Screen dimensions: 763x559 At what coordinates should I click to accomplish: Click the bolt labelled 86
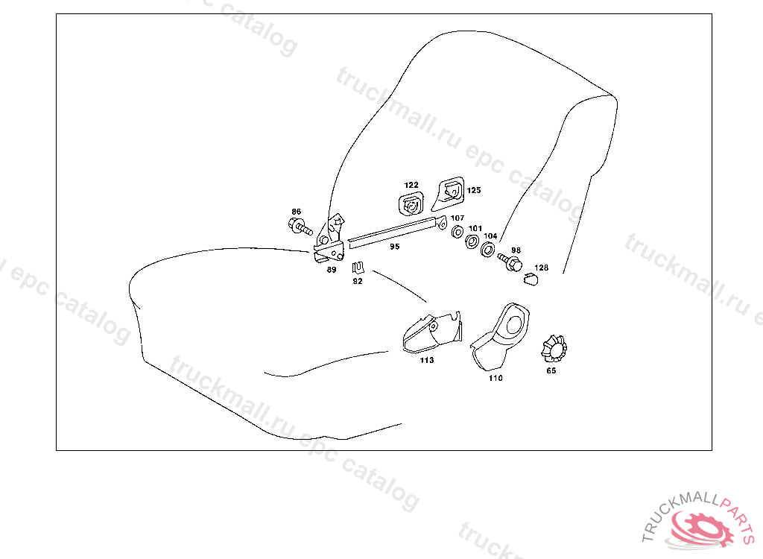point(297,226)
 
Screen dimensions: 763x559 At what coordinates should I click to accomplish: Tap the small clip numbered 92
point(358,268)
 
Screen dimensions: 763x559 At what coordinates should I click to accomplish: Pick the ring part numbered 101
point(472,241)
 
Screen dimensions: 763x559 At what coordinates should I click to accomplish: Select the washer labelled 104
point(488,248)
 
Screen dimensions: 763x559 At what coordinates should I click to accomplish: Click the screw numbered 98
point(512,263)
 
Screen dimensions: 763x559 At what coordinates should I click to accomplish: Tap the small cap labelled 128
point(531,279)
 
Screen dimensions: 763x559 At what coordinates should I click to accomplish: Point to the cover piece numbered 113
point(430,332)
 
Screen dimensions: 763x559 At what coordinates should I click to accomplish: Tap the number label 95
point(394,246)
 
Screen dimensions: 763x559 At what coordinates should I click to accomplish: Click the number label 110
point(496,378)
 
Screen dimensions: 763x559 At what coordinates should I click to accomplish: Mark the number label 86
point(297,212)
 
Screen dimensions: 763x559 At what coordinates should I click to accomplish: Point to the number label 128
point(542,267)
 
